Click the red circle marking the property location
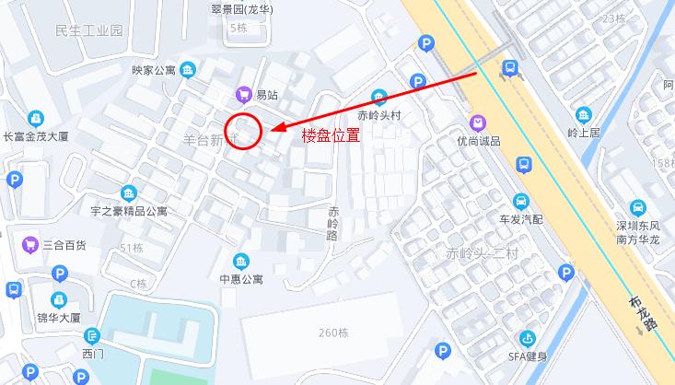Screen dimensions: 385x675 tap(245, 129)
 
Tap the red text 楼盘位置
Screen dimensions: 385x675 tap(331, 134)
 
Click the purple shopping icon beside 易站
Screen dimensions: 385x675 tap(244, 94)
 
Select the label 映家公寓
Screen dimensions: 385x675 tap(153, 70)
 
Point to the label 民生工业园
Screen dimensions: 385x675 tap(88, 30)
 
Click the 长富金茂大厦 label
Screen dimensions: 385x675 tap(37, 136)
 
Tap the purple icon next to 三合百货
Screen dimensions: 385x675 tap(29, 245)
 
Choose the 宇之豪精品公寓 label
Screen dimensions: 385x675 tap(129, 211)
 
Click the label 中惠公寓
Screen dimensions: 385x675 tap(241, 279)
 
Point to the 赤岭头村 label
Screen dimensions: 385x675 tap(379, 116)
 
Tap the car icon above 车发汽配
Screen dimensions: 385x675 tap(521, 202)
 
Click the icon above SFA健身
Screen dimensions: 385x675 tap(529, 339)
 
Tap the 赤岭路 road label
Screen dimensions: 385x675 tap(333, 223)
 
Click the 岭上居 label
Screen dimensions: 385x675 tap(584, 133)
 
